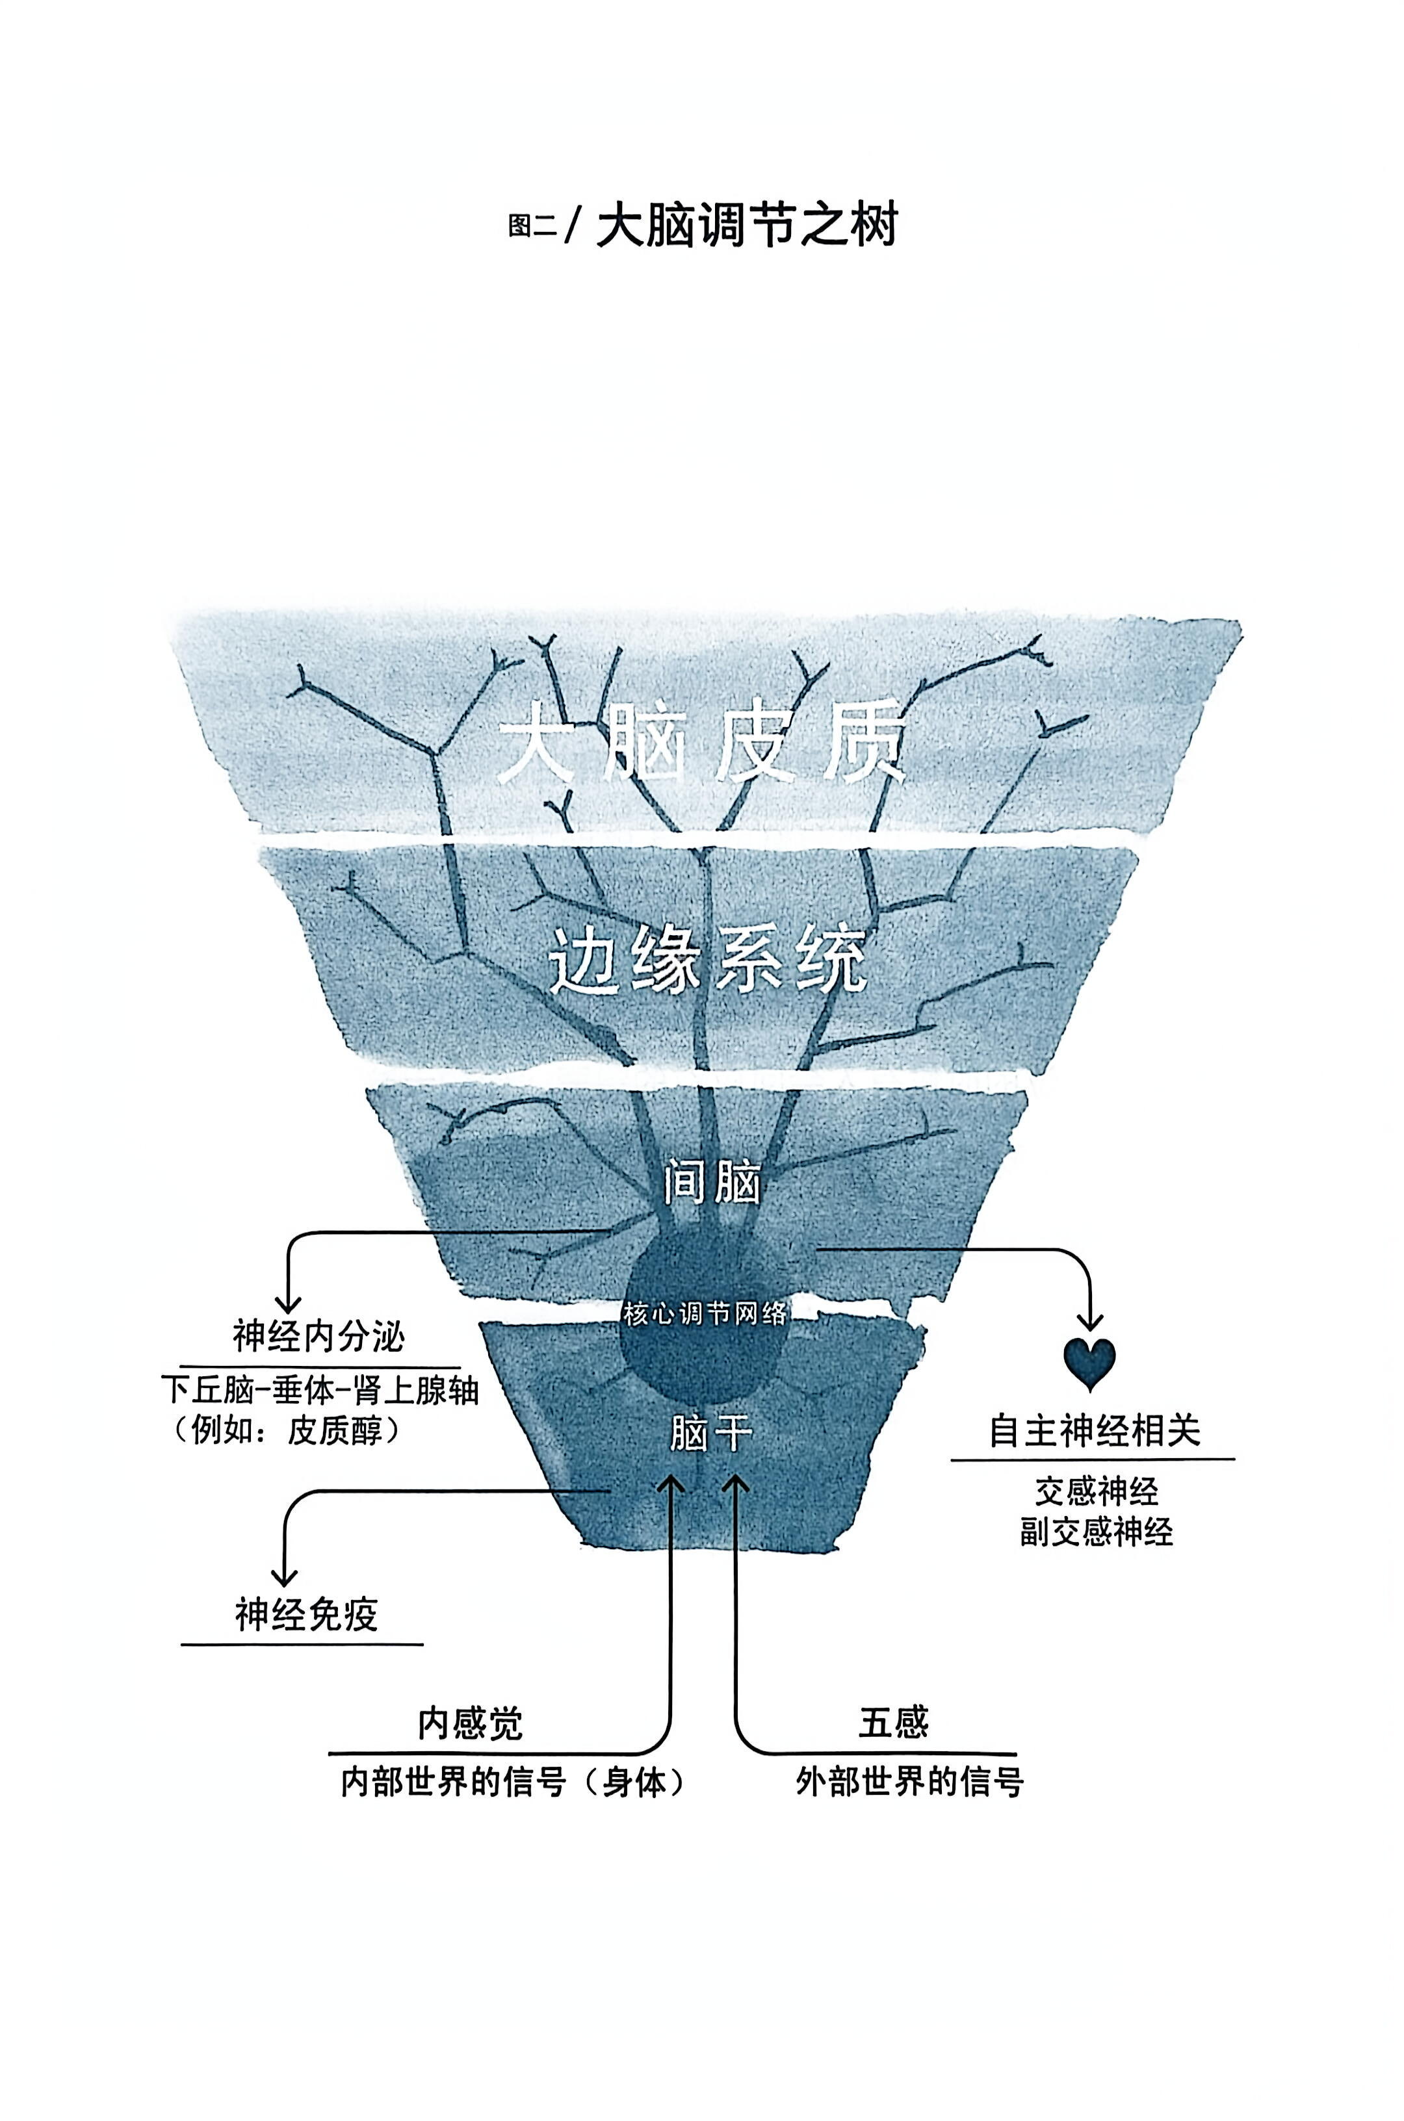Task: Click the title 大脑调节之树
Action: click(746, 225)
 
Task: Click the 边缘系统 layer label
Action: click(707, 961)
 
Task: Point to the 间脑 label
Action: click(712, 1183)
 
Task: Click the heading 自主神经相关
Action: click(1093, 1430)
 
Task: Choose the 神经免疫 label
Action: click(306, 1614)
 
